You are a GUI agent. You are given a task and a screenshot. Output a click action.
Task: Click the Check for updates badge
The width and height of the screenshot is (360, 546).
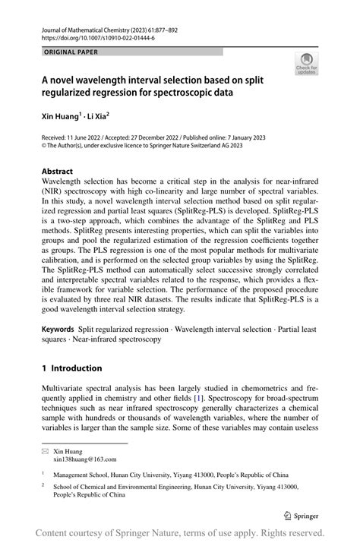click(x=308, y=65)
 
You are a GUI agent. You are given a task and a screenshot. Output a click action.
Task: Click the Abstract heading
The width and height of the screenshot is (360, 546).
click(x=57, y=172)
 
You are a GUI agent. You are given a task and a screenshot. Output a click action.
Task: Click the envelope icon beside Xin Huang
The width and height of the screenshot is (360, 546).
click(x=46, y=450)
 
